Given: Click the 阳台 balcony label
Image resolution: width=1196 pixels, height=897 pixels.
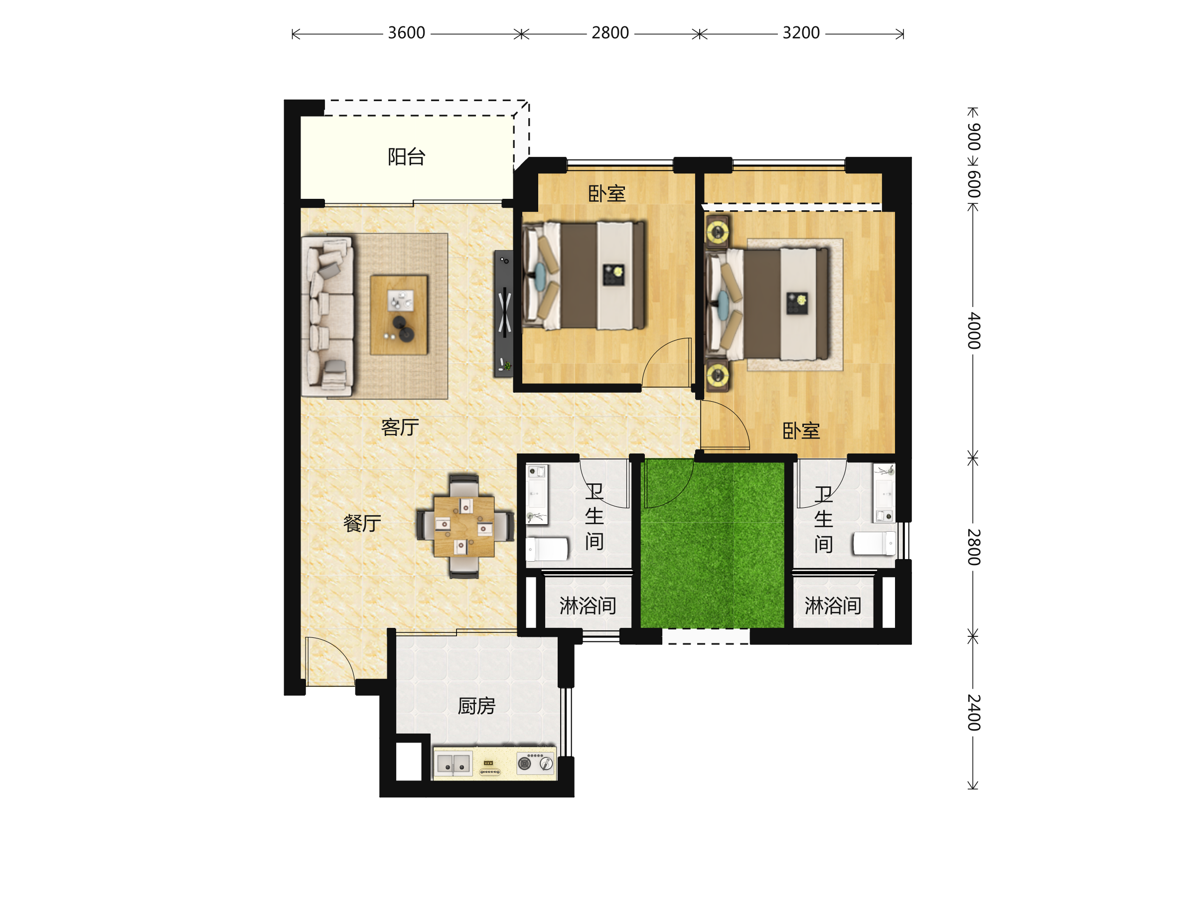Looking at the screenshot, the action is click(407, 157).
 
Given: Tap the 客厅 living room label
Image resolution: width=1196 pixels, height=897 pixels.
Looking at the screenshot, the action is click(400, 428).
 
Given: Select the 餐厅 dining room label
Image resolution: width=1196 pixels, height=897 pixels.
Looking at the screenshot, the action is click(362, 523).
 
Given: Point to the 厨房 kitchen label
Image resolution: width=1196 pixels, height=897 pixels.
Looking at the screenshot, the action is click(476, 706).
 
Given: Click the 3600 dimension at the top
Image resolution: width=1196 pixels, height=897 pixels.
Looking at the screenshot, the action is click(407, 33).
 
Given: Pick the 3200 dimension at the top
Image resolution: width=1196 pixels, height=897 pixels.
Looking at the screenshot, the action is click(801, 33).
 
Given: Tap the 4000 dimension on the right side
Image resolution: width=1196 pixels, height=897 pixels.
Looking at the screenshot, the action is click(973, 330).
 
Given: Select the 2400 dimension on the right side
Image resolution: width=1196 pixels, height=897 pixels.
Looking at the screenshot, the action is click(973, 713).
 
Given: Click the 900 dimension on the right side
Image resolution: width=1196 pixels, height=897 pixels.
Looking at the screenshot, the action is click(973, 137).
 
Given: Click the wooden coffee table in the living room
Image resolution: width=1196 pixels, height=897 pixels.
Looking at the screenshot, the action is click(399, 314).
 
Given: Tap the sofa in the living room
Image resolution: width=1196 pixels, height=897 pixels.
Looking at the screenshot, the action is click(328, 316).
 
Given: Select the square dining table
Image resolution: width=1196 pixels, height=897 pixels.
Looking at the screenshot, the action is click(464, 527).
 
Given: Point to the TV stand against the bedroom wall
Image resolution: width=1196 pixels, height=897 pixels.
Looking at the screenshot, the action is click(504, 313).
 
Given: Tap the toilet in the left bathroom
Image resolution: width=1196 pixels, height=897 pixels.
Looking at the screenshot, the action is click(547, 549).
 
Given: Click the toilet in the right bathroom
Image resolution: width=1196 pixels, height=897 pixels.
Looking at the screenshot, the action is click(874, 543).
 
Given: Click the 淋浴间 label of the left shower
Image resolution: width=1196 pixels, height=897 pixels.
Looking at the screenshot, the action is click(588, 606).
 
